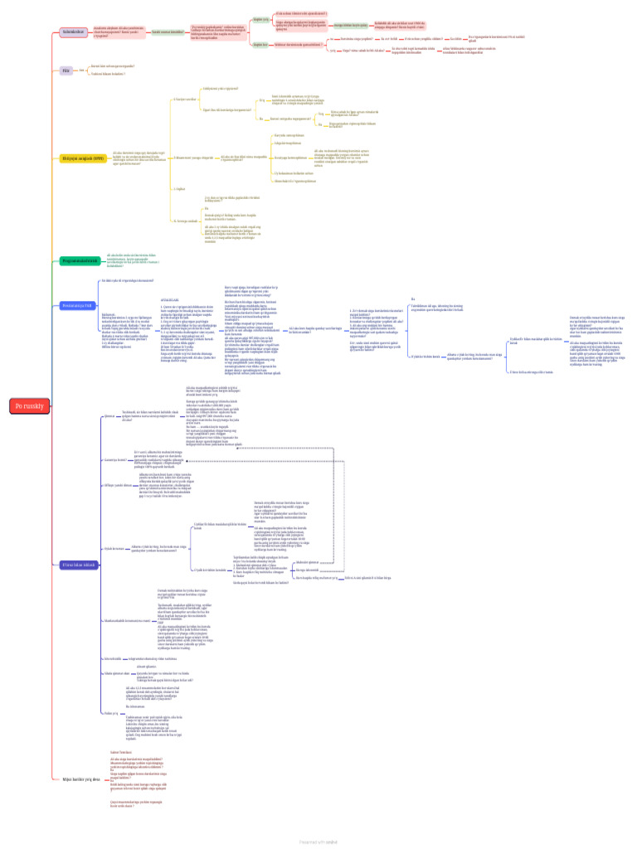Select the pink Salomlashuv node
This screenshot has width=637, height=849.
point(73,32)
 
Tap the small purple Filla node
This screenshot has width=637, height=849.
point(66,71)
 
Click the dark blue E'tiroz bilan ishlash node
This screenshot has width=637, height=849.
point(80,565)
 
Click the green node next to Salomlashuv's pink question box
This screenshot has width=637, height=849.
point(168,32)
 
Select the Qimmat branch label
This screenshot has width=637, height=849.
point(108,416)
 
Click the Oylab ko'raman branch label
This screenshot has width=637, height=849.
point(114,548)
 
